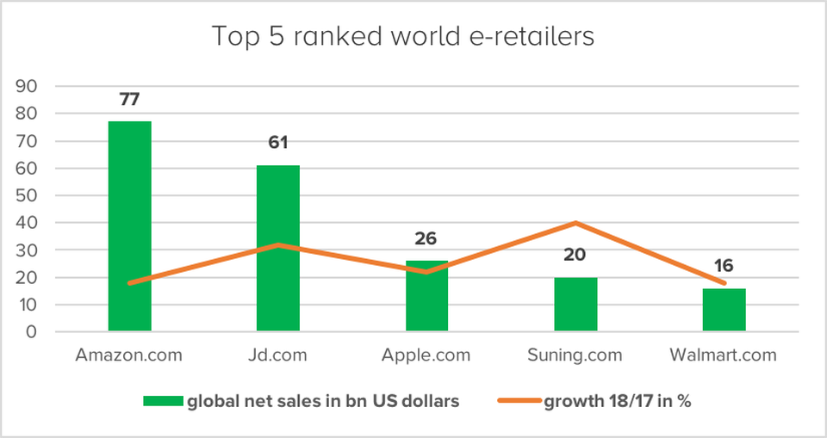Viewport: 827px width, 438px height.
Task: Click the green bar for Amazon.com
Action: tap(129, 225)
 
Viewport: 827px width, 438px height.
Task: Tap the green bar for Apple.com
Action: tap(426, 296)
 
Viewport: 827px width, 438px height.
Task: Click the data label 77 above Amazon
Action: tap(129, 99)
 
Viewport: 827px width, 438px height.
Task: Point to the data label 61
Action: tap(277, 142)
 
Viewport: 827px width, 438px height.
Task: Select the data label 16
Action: tap(724, 266)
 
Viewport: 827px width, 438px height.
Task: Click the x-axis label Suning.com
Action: tap(575, 355)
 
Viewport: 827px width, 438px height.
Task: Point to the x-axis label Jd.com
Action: tap(277, 355)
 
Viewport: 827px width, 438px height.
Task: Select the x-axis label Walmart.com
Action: tap(724, 355)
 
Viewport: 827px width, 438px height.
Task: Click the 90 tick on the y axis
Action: tap(28, 86)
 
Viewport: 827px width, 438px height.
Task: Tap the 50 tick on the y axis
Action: tap(28, 195)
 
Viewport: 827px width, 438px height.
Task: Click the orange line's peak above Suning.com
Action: tap(575, 223)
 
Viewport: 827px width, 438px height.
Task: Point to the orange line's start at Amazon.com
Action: tap(129, 282)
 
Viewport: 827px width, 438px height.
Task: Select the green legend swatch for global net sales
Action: tap(164, 401)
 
